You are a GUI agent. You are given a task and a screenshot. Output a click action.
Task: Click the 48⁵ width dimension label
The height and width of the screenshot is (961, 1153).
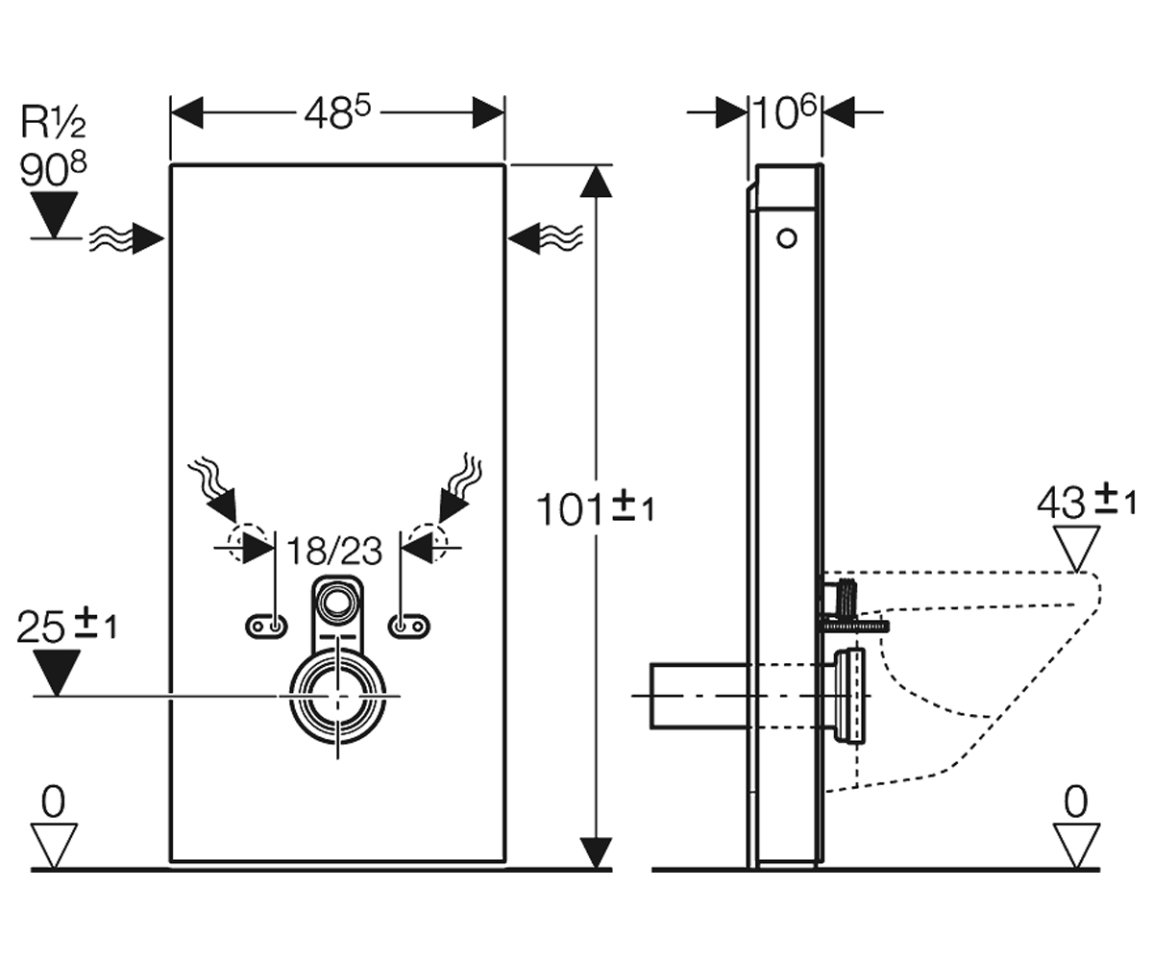337,112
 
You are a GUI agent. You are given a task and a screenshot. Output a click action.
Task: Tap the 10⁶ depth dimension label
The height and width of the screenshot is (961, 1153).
785,112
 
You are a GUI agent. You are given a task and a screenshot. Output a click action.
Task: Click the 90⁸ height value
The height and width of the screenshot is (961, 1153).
53,168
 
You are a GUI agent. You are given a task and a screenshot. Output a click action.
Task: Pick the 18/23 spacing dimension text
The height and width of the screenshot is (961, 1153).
334,551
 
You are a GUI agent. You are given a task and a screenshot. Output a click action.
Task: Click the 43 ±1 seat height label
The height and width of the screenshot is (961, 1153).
1086,501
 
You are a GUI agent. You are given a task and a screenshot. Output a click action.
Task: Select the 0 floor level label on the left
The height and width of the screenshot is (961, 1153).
54,801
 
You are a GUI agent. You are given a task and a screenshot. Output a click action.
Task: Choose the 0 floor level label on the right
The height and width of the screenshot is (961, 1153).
1076,801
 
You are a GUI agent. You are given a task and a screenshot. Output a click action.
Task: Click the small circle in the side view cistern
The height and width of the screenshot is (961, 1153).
787,238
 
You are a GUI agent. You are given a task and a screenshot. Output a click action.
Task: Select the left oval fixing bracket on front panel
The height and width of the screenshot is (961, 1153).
266,627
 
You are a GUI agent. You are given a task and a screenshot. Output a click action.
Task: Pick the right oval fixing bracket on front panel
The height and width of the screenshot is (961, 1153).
409,627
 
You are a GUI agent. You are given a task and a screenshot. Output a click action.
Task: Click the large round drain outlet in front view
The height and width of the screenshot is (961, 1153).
338,697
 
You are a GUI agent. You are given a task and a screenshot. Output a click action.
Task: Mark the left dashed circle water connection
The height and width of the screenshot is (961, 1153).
250,543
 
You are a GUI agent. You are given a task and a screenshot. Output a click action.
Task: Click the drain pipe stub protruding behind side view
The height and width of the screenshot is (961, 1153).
700,697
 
